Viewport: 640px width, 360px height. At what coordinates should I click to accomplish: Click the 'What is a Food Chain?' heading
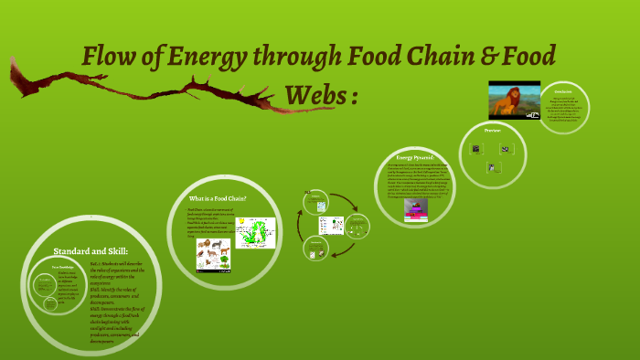(x=218, y=198)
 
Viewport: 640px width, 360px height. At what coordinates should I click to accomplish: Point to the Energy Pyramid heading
(x=409, y=157)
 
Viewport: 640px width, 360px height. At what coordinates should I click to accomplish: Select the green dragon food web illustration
(x=255, y=233)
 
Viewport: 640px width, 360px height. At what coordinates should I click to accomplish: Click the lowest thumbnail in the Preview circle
(x=494, y=167)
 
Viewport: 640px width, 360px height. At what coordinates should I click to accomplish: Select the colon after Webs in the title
(x=355, y=96)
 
